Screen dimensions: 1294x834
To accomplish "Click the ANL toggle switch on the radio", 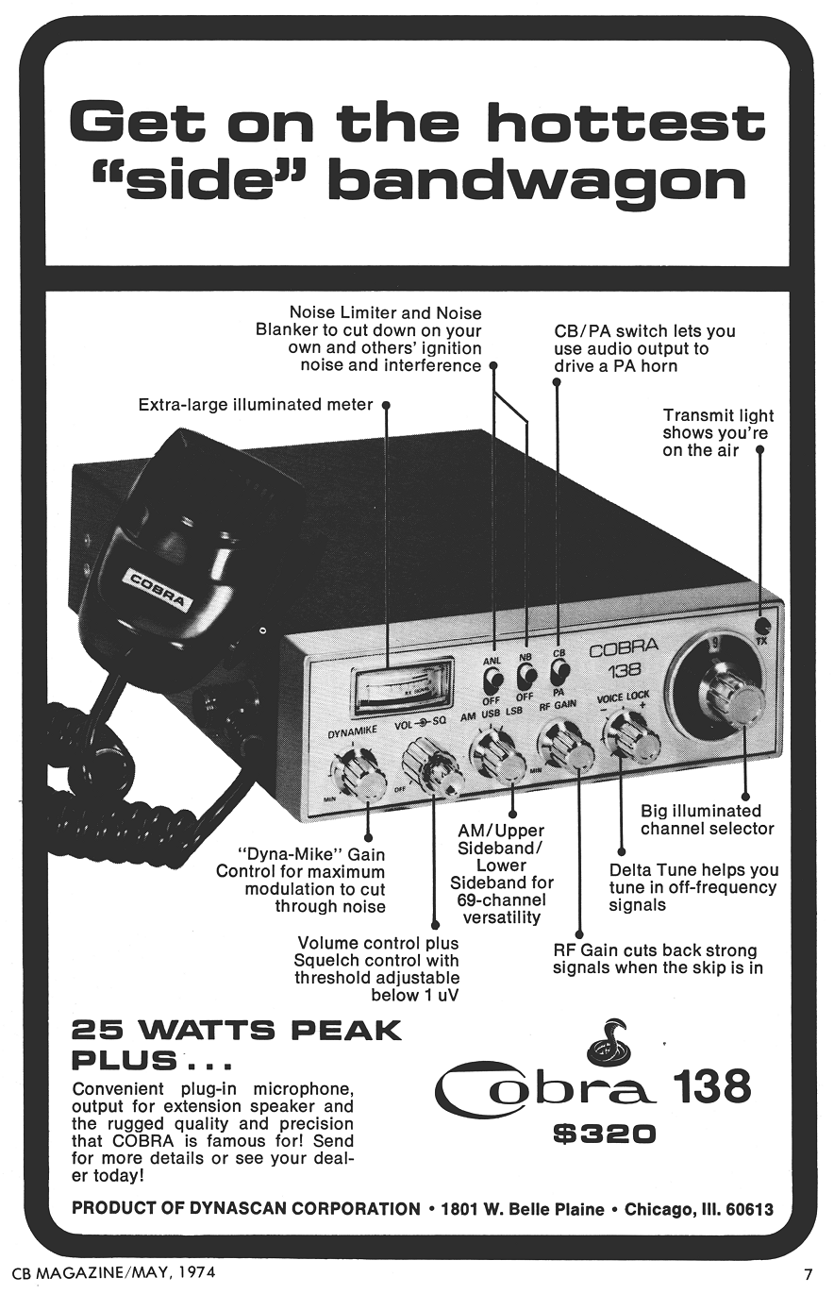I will pos(492,679).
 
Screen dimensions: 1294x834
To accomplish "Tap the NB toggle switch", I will pos(525,675).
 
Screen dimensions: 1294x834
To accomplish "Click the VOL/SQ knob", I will pos(431,765).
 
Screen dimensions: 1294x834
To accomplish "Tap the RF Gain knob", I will pos(566,747).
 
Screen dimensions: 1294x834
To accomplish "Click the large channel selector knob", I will pos(730,694).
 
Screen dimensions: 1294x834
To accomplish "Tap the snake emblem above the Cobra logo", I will pos(609,1043).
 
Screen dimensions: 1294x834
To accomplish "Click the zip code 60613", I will pos(745,1209).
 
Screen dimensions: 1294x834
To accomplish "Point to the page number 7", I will pos(808,1272).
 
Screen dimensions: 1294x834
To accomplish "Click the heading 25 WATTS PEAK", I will pos(237,1030).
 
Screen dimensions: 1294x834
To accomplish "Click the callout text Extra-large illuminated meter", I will pos(255,405).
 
